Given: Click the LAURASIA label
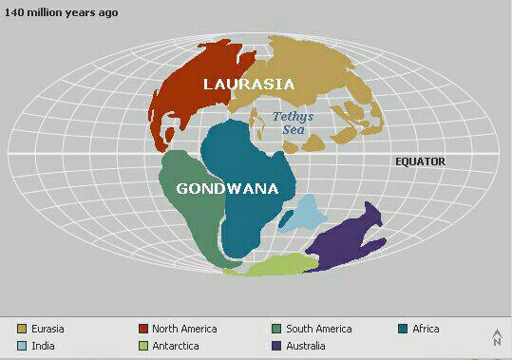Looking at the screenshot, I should pos(250,84).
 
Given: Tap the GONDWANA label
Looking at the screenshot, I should pos(227,188).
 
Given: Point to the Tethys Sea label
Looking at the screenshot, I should pos(293,123).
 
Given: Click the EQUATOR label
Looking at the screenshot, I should pos(420,161).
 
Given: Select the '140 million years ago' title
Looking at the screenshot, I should pos(62,12).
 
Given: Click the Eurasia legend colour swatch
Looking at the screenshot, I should pos(22,329).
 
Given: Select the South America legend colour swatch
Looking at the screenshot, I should pos(275,329).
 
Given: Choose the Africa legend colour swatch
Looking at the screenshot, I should pos(404,329).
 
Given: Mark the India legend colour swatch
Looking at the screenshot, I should pos(22,346).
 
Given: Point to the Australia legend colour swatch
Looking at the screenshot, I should pos(275,346).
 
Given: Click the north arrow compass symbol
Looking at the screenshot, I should pos(496,337).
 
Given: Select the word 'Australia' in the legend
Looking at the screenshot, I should pos(306,346).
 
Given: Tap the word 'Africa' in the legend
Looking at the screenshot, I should pos(426,329).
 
